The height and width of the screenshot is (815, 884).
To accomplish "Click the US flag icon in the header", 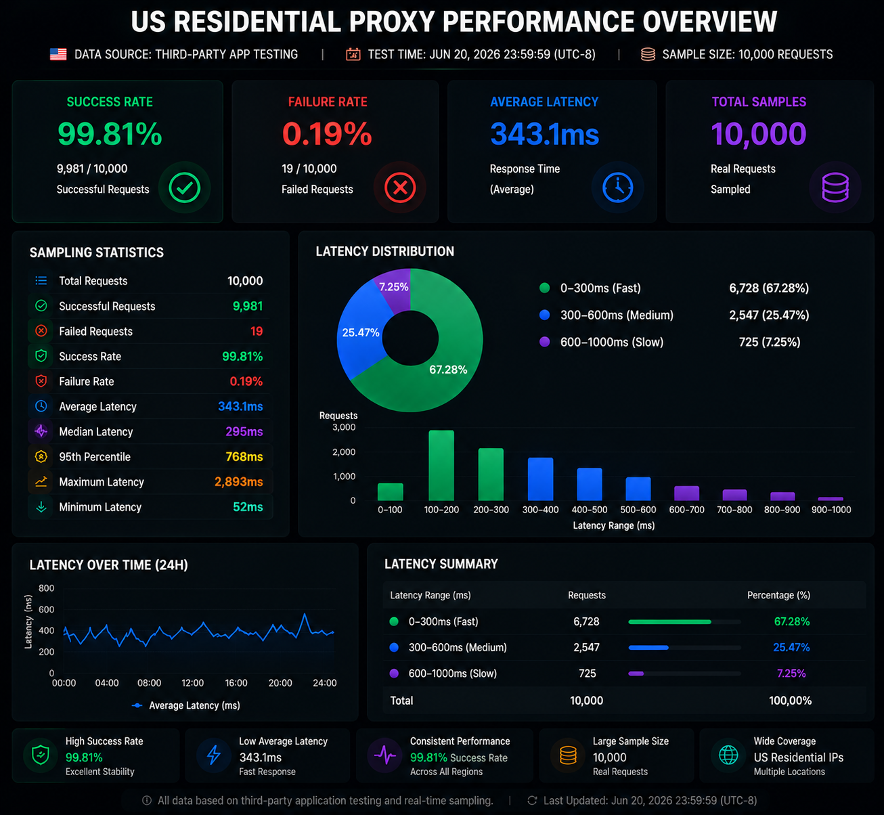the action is [x=58, y=54].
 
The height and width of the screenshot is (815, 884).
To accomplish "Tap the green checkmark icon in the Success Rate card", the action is [x=184, y=188].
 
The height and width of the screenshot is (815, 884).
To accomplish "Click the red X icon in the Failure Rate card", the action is [x=400, y=188].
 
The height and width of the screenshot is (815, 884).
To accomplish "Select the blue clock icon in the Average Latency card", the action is [x=617, y=188].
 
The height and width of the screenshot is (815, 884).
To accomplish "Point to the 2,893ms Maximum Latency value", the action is [x=238, y=482].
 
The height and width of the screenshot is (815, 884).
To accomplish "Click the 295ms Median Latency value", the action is [x=244, y=432].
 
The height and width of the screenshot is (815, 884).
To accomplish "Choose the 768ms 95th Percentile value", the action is [x=244, y=457].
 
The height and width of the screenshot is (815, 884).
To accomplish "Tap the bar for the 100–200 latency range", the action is [x=441, y=466].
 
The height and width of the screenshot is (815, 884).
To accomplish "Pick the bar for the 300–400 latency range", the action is [x=540, y=479].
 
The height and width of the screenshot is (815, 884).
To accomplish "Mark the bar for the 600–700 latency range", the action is [x=686, y=493].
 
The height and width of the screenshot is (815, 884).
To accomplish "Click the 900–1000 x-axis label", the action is [x=831, y=510].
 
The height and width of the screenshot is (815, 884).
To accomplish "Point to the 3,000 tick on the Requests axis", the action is [x=344, y=427].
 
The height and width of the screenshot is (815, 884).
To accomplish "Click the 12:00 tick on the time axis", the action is [x=192, y=683].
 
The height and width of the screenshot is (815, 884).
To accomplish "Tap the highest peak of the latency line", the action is [x=305, y=614].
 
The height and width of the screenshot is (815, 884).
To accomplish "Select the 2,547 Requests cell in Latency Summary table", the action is [x=586, y=647].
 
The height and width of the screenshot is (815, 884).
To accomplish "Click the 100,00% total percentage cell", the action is [x=790, y=701].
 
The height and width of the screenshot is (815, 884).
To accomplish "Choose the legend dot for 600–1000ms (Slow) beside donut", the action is [x=544, y=342].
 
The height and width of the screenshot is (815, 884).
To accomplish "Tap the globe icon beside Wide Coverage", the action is [x=728, y=755].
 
